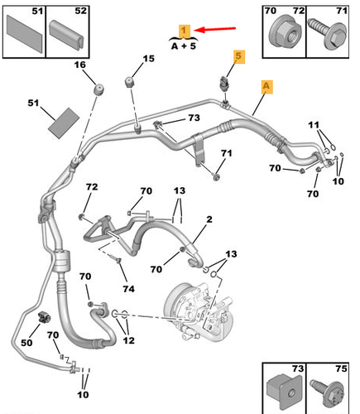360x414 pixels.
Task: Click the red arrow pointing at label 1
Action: coord(214,29)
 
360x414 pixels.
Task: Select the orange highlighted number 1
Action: coord(185,31)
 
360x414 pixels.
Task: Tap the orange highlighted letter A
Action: coord(266,86)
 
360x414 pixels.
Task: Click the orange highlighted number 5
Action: coord(238,56)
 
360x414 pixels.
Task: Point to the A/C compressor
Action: coord(199,311)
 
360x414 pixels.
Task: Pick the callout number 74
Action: coord(128,289)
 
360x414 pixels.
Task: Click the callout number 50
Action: coord(26,343)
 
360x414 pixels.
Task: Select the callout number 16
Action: coord(80,65)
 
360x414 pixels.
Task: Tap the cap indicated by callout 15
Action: coord(129,82)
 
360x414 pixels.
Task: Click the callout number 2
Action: coord(209,219)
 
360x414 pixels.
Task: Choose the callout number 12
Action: coord(128,340)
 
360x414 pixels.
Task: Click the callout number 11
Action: coord(314,125)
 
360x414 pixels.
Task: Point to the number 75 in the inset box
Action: coord(341,368)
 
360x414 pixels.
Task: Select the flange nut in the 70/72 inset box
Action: coord(283,34)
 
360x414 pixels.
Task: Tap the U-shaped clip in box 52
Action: coord(67,36)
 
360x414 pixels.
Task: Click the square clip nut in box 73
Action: coord(284,392)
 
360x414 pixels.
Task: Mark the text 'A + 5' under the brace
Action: coord(184,46)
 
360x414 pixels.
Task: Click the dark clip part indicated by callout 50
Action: coord(44,316)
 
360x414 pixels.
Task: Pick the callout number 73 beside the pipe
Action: coord(194,118)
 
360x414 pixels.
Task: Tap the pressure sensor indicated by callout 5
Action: coord(223,84)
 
